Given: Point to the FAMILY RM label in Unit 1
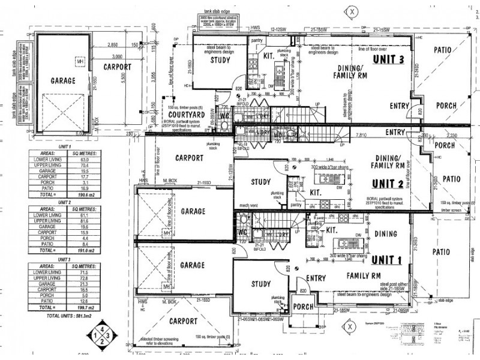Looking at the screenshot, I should click(x=365, y=277).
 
